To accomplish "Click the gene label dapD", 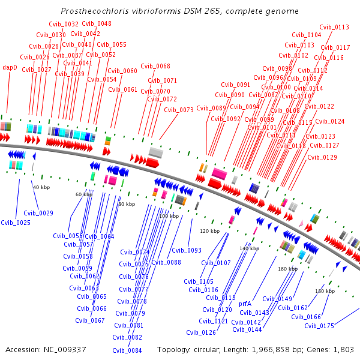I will point(10,67).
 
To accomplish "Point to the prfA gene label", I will point(245,304).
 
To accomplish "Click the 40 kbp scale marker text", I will point(41,188).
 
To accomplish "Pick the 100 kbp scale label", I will point(169,216).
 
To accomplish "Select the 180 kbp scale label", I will point(325,291).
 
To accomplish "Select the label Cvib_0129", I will point(322,157).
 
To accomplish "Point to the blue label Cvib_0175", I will point(319,326).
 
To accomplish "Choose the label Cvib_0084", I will point(127,350).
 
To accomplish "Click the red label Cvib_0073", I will point(179,110).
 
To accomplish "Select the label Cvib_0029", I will point(38,213).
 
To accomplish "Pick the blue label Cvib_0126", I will point(201,332).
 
